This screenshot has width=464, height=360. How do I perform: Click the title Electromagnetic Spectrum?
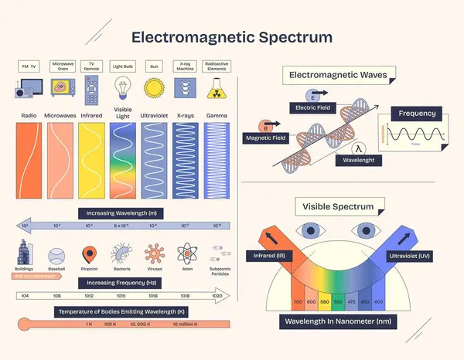232,36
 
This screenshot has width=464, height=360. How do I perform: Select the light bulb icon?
122,91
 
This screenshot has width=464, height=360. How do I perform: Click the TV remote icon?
91,92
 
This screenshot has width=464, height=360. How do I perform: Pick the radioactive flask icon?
216,91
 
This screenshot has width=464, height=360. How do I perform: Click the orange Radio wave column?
29,162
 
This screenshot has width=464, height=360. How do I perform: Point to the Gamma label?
215,115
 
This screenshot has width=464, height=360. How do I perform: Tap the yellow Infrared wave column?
91,162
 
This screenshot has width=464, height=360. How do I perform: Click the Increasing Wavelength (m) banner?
121,212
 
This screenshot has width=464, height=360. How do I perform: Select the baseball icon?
56,256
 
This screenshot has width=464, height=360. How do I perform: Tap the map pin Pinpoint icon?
89,254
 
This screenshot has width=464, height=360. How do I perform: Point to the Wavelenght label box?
358,160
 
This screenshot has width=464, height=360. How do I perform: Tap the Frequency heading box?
417,114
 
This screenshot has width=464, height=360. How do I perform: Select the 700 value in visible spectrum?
297,301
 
